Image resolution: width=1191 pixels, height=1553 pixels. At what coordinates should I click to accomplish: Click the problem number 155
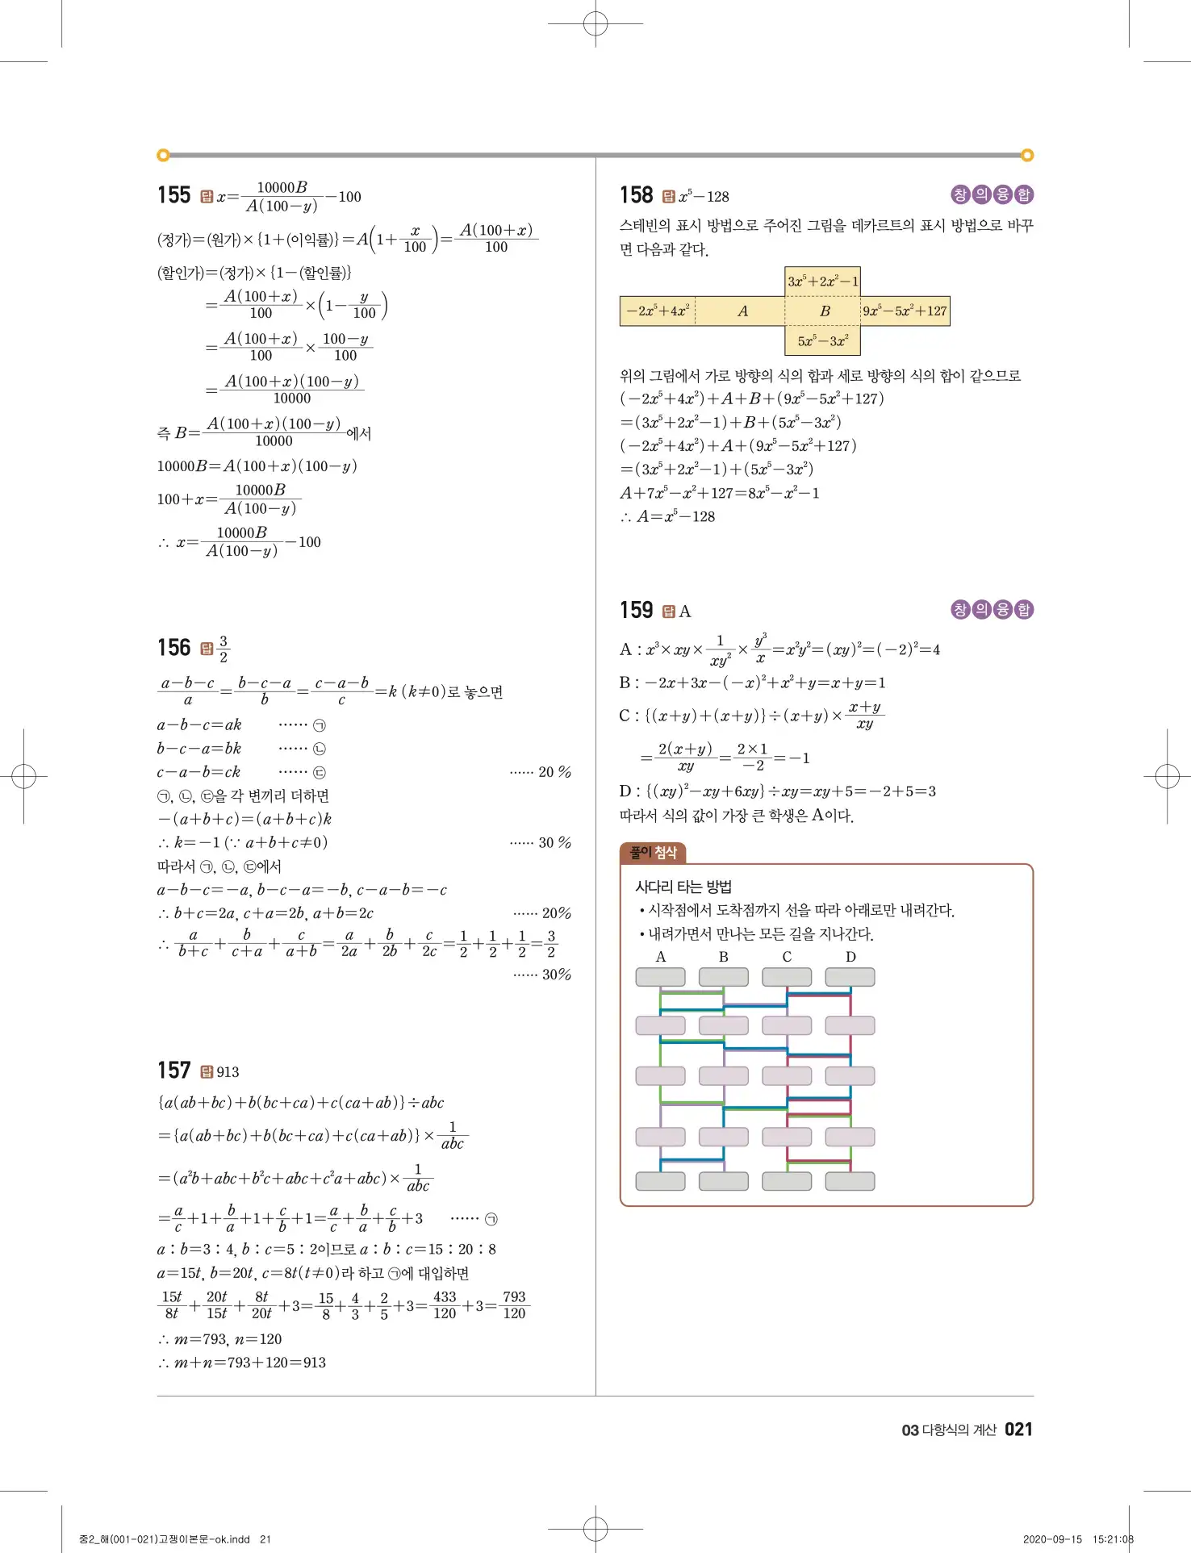[x=173, y=195]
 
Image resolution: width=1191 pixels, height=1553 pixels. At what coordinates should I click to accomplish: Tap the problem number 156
[x=173, y=648]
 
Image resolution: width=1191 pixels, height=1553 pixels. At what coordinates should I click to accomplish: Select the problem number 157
[x=173, y=1071]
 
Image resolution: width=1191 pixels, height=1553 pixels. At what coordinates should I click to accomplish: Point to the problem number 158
[x=636, y=195]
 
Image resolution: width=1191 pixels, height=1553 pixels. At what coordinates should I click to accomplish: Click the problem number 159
[x=636, y=610]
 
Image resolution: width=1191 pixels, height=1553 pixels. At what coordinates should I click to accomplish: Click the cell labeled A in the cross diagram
[x=742, y=311]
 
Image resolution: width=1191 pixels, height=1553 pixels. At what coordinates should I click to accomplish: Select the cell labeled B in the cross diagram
[x=824, y=311]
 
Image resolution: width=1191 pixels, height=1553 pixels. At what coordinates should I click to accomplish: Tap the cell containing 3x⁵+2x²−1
[x=822, y=282]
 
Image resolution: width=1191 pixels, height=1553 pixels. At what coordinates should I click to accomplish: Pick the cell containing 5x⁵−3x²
[x=822, y=341]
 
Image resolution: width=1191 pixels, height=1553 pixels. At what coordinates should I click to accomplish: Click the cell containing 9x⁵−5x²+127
[x=905, y=311]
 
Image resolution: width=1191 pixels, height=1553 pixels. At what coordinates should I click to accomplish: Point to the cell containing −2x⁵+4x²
[x=658, y=311]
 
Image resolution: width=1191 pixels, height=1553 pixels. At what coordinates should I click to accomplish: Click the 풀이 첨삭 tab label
[x=653, y=853]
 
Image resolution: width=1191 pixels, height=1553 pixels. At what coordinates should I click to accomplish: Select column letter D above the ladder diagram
[x=850, y=957]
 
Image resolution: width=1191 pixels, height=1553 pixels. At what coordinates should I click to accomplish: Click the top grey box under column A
[x=660, y=977]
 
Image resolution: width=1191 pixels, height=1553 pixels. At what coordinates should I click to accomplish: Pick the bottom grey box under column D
[x=850, y=1181]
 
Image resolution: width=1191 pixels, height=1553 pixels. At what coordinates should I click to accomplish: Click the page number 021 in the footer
[x=1018, y=1430]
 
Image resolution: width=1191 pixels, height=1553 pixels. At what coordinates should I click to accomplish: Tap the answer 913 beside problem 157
[x=228, y=1072]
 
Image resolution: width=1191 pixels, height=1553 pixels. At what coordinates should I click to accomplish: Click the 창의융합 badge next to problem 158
[x=992, y=194]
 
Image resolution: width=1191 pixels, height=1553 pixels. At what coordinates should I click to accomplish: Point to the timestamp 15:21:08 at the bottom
[x=1113, y=1539]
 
